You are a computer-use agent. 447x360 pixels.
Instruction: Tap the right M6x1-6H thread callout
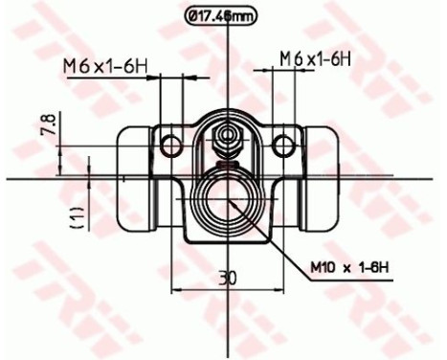point(317,58)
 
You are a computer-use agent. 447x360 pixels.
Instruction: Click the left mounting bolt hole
point(171,145)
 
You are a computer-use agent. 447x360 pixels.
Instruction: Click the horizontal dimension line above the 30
point(226,289)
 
